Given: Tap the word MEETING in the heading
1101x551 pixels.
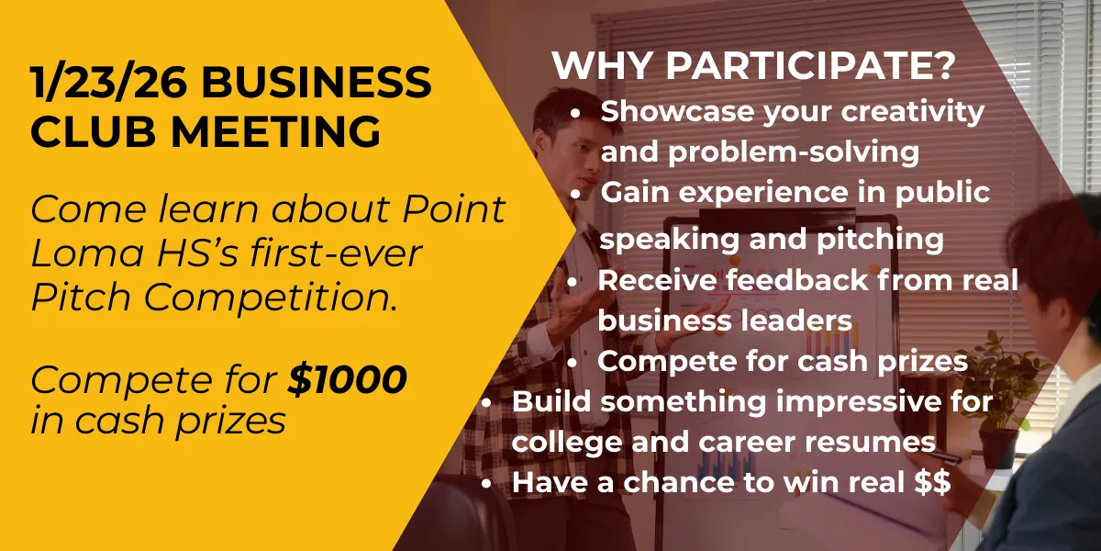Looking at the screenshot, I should (275, 131).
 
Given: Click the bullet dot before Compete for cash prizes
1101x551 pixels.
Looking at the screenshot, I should (573, 363).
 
